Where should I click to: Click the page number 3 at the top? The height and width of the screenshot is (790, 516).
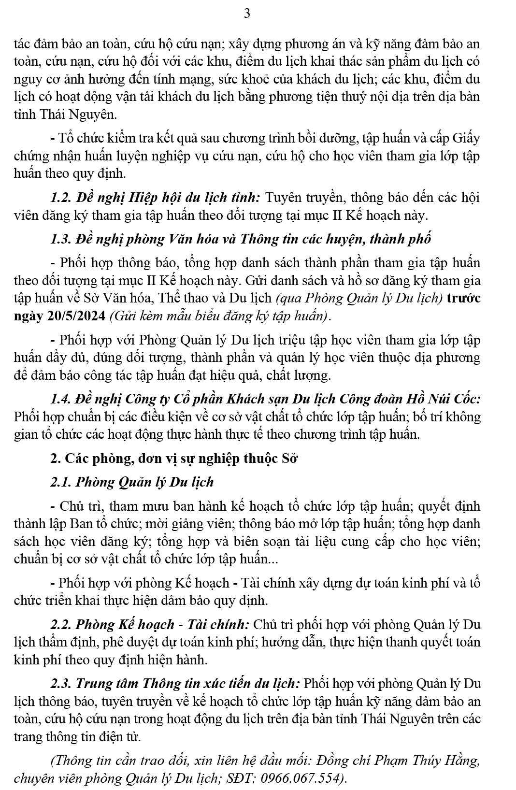[x=247, y=14]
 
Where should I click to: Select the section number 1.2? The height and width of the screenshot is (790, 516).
[x=61, y=198]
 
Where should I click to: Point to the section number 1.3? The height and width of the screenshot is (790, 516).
[x=61, y=239]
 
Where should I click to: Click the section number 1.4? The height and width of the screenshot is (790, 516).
[x=61, y=399]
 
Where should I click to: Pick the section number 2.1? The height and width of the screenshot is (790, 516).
[x=61, y=482]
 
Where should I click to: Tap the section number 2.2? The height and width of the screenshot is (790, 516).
[x=61, y=625]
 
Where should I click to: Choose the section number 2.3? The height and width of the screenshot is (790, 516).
[x=61, y=684]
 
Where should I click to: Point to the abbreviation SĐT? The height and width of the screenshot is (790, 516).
[x=244, y=778]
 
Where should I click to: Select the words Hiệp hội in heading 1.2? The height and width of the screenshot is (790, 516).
[x=148, y=198]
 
